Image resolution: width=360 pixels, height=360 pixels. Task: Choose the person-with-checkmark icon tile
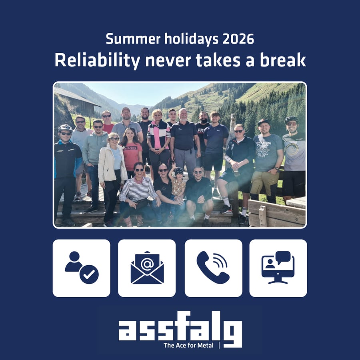point(82,268)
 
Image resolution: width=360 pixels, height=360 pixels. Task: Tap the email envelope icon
point(147,268)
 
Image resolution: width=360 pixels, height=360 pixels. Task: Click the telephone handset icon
point(213,268)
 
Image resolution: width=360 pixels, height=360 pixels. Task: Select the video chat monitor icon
point(278,268)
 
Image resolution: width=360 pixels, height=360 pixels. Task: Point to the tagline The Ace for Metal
point(188,345)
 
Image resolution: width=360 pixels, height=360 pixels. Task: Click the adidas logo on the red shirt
point(130,148)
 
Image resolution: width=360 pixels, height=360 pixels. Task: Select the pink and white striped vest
point(159,135)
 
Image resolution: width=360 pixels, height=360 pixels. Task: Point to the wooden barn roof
point(77,96)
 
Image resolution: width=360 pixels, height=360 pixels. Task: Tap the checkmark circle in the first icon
point(89,274)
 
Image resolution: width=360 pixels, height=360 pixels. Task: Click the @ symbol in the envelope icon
point(147,264)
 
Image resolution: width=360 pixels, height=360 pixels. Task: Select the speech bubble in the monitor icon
point(283,257)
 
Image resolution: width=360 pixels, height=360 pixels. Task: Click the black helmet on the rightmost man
point(291,120)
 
